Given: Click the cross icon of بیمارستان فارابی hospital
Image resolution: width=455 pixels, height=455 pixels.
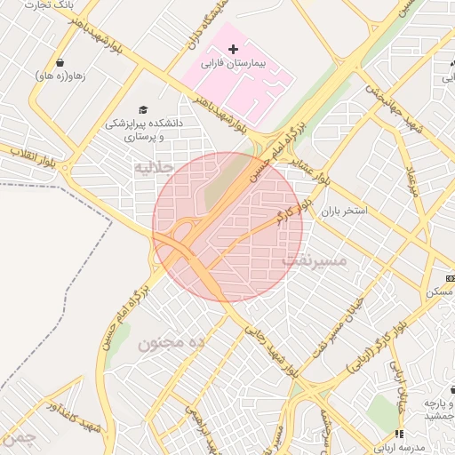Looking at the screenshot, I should (233, 48).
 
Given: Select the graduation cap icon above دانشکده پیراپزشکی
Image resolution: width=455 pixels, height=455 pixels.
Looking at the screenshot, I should (143, 108).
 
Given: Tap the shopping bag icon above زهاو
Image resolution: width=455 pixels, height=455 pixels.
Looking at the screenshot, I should (60, 62).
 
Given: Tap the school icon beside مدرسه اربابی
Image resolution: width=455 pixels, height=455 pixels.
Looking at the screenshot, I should (399, 434).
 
